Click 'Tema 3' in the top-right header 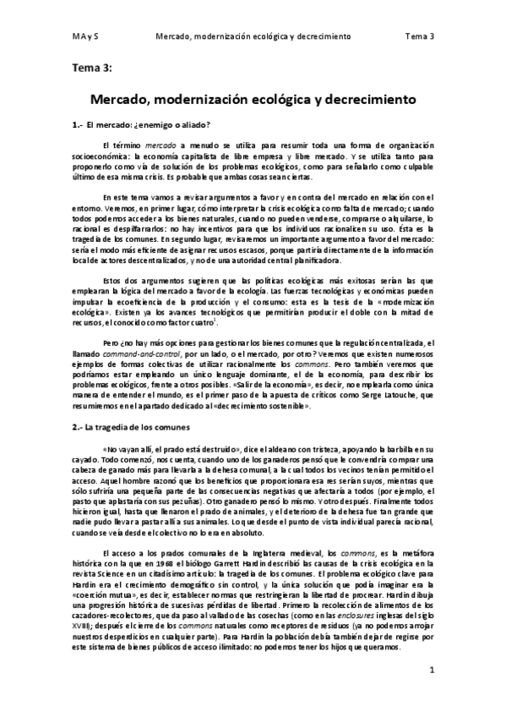419,37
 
